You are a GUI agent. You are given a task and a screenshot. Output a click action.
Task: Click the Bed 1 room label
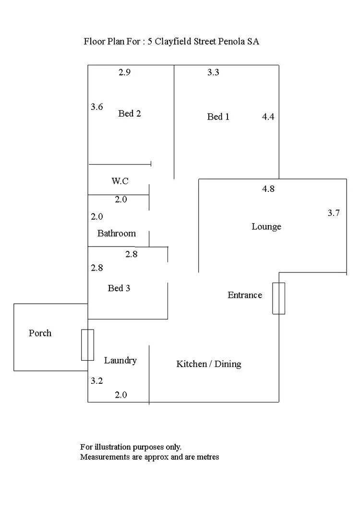click(x=218, y=117)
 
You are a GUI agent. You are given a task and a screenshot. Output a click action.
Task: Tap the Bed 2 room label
click(x=129, y=113)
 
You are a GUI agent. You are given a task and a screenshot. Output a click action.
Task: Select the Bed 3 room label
click(x=119, y=288)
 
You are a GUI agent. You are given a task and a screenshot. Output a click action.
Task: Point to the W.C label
click(x=120, y=181)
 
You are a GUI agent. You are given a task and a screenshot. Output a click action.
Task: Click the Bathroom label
click(x=116, y=233)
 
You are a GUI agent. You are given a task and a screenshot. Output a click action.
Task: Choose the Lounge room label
click(x=266, y=226)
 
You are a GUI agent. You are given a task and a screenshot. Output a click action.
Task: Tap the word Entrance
click(x=245, y=295)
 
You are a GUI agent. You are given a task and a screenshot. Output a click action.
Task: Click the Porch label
click(x=40, y=333)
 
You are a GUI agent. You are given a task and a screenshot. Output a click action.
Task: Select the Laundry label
click(x=120, y=361)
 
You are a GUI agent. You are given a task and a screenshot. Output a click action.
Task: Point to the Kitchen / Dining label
click(x=209, y=364)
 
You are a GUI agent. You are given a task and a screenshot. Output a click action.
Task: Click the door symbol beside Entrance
click(x=279, y=298)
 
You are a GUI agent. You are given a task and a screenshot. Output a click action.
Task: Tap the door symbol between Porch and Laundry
click(x=87, y=345)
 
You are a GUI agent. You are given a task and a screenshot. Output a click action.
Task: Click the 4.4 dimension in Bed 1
click(x=268, y=117)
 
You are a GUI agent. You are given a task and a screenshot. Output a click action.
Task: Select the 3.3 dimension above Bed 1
click(x=213, y=72)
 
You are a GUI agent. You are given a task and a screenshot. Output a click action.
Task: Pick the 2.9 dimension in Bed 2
click(x=124, y=72)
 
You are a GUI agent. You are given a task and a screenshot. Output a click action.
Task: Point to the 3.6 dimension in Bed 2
click(x=97, y=107)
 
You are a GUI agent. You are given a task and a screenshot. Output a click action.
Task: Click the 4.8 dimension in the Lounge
click(x=268, y=189)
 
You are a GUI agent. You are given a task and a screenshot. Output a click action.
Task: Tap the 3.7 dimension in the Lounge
click(x=334, y=213)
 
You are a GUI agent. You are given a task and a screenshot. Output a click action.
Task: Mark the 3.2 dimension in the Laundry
click(x=97, y=380)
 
